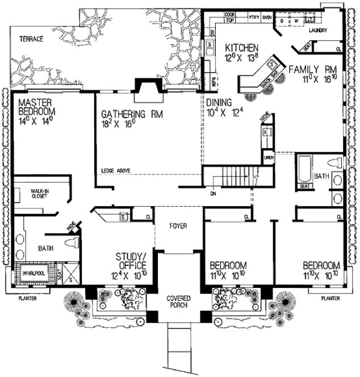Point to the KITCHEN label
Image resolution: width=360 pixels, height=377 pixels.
(242, 48)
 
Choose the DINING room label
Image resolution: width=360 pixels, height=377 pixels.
(219, 102)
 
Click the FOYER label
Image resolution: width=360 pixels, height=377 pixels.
(178, 225)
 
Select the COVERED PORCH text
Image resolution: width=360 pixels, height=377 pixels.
(178, 301)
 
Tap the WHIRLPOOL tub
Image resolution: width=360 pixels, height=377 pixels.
(33, 274)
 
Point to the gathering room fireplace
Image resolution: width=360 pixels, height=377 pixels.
(145, 86)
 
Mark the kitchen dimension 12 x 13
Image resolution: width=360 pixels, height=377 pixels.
(242, 58)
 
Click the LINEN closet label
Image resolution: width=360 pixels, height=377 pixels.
(268, 157)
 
